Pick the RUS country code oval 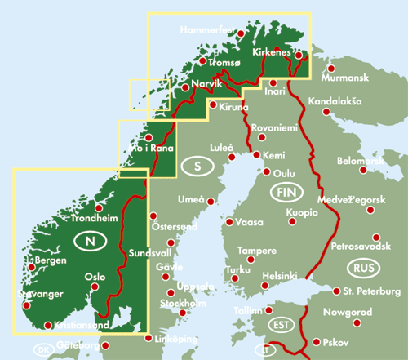[x=362, y=268]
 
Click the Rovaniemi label [x=277, y=128]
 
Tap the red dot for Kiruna [x=214, y=104]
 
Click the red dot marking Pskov [x=316, y=342]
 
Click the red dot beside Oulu [x=267, y=171]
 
